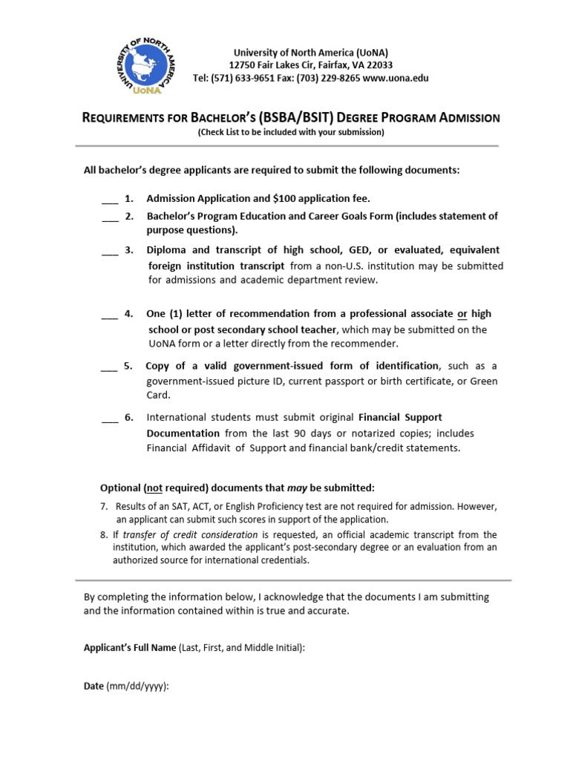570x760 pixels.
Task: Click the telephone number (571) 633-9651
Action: tap(246, 78)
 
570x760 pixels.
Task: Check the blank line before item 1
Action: tap(109, 199)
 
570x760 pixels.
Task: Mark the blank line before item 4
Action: tap(109, 314)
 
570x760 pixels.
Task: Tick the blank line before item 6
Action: tap(109, 418)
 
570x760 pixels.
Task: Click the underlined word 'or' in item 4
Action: tap(462, 314)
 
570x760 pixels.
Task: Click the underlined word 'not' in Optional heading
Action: tap(154, 488)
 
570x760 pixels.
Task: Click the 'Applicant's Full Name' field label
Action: tap(129, 648)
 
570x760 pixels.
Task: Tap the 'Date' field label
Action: tap(94, 687)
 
